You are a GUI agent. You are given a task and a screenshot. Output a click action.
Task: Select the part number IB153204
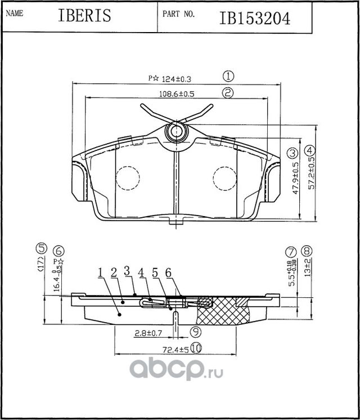(255, 18)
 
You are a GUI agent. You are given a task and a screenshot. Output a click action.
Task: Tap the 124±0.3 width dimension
(169, 79)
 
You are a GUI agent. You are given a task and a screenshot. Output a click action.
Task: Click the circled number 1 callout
(228, 76)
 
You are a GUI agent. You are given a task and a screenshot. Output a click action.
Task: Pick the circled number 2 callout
(227, 93)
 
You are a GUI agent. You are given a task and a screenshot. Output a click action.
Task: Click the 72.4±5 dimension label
(175, 350)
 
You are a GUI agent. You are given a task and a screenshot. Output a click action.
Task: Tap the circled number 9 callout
(195, 332)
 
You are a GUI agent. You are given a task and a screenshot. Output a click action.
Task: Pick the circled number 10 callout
(195, 348)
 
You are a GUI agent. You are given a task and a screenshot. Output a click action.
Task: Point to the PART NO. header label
(179, 14)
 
